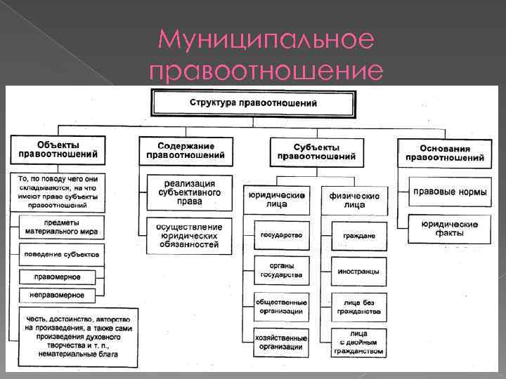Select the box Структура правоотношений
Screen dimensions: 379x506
pyautogui.click(x=252, y=102)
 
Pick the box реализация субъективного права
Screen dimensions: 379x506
pyautogui.click(x=189, y=192)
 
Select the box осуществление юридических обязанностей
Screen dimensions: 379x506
pyautogui.click(x=189, y=236)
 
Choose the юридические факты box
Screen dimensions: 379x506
pyautogui.click(x=450, y=228)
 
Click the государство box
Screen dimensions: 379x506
pyautogui.click(x=280, y=234)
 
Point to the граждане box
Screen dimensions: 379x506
pyautogui.click(x=358, y=235)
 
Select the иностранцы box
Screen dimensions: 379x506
pyautogui.click(x=358, y=271)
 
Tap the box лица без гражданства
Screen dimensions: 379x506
pyautogui.click(x=358, y=307)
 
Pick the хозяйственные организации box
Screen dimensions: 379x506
pyautogui.click(x=280, y=342)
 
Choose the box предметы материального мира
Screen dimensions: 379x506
pyautogui.click(x=62, y=226)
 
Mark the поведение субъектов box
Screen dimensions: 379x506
pyautogui.click(x=62, y=253)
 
